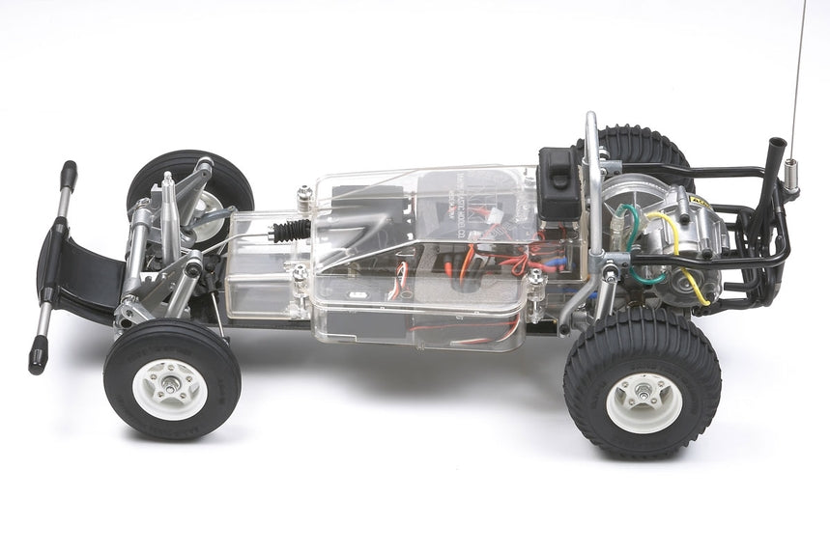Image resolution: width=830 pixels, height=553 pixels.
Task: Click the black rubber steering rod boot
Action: [x=291, y=231]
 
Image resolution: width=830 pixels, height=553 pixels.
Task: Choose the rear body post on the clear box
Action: [x=535, y=283]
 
